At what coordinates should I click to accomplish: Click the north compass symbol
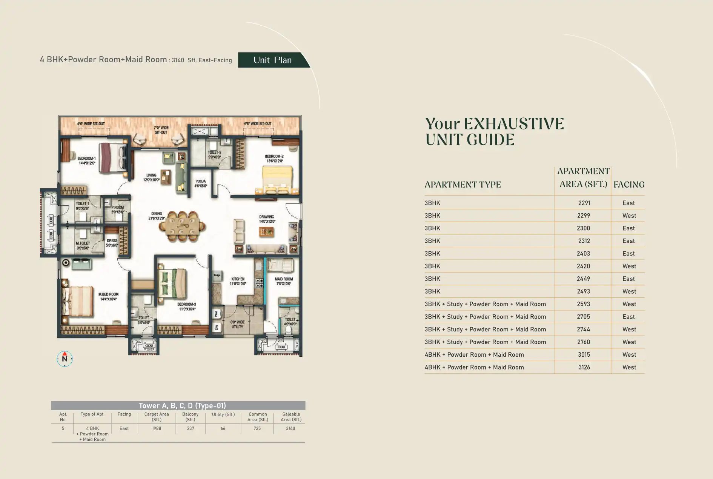click(x=65, y=359)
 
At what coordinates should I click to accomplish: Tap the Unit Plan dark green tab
click(x=272, y=60)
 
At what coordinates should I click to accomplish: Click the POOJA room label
click(x=200, y=183)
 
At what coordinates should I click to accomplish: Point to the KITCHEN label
click(x=238, y=281)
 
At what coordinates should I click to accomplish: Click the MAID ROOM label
click(x=284, y=281)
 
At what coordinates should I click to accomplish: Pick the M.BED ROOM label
click(x=108, y=297)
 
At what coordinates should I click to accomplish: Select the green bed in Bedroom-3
click(x=172, y=283)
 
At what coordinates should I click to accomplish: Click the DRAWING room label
click(x=267, y=219)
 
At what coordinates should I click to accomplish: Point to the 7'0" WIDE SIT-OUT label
click(x=161, y=130)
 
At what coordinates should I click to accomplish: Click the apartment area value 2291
click(x=584, y=203)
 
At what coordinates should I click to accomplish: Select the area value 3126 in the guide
click(x=584, y=367)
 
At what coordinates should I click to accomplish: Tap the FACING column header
click(x=629, y=185)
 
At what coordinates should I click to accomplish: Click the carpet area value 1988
click(x=157, y=428)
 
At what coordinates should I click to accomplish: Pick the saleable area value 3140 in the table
click(x=290, y=428)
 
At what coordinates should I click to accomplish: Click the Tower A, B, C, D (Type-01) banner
click(x=182, y=406)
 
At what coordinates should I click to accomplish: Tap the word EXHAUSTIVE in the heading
click(x=514, y=124)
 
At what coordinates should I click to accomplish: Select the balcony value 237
click(x=191, y=428)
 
